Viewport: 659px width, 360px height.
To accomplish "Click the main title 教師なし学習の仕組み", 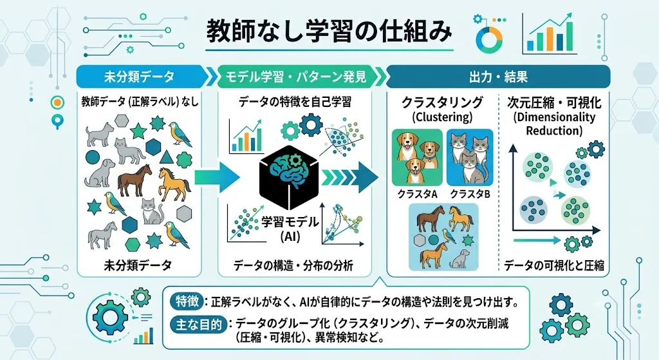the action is (329, 32).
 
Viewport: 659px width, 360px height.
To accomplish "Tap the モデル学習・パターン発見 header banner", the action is (297, 77).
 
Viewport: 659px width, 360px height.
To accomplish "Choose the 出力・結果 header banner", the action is (497, 77).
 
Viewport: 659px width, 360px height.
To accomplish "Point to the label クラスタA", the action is (417, 194).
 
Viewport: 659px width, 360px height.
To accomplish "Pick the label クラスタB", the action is (470, 194).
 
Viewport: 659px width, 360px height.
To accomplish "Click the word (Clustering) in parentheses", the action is (442, 117).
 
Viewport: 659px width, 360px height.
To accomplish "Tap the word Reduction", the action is (554, 130).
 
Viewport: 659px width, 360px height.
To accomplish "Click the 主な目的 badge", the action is (198, 325).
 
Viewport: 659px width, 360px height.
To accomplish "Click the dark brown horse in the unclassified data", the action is (134, 180).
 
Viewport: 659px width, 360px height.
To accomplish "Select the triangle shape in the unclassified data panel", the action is (167, 157).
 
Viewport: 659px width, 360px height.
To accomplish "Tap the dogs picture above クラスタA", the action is (417, 158).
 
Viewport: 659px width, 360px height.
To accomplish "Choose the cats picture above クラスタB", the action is (470, 158).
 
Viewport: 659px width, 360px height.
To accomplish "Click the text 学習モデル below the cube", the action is (290, 222).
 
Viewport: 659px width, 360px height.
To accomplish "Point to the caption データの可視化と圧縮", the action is (554, 265).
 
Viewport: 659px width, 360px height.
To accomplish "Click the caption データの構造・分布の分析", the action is (293, 265).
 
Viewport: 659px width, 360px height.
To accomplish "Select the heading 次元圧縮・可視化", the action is (554, 102).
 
